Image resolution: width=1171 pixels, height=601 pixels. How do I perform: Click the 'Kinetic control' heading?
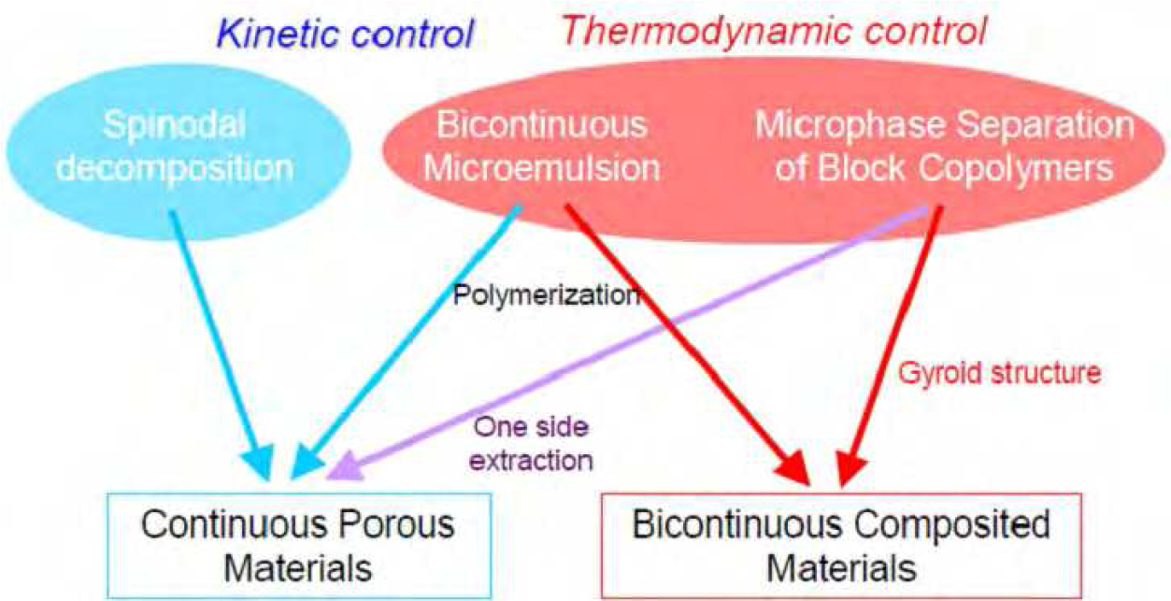(345, 34)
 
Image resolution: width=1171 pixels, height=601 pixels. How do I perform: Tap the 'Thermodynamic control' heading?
(774, 32)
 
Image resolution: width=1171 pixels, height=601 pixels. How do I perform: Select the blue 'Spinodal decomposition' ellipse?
(179, 151)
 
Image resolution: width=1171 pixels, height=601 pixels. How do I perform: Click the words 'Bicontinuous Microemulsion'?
(542, 147)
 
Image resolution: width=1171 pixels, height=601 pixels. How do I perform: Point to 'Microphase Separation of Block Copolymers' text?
(945, 147)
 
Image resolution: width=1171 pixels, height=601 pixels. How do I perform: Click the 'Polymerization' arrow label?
(547, 295)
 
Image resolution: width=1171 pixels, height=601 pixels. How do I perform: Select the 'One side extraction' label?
(531, 444)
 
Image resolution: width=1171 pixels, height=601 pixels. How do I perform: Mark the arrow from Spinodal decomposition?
(221, 345)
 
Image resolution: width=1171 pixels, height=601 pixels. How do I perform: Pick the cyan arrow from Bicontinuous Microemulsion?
(406, 342)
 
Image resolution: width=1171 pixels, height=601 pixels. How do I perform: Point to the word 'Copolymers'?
(1016, 168)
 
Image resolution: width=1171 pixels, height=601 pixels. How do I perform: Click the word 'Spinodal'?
(174, 125)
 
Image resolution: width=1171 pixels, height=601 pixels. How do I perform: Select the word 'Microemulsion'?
(542, 167)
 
